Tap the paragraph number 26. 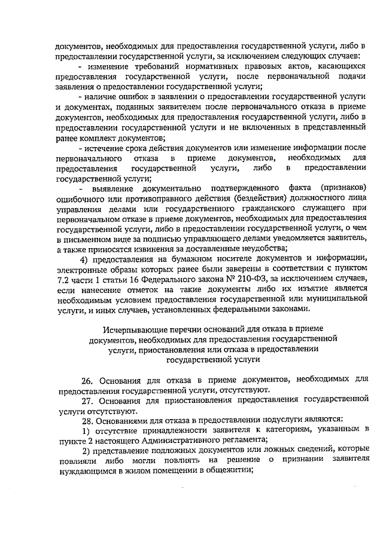[x=87, y=380]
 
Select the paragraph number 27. [x=87, y=400]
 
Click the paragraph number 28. [x=87, y=420]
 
